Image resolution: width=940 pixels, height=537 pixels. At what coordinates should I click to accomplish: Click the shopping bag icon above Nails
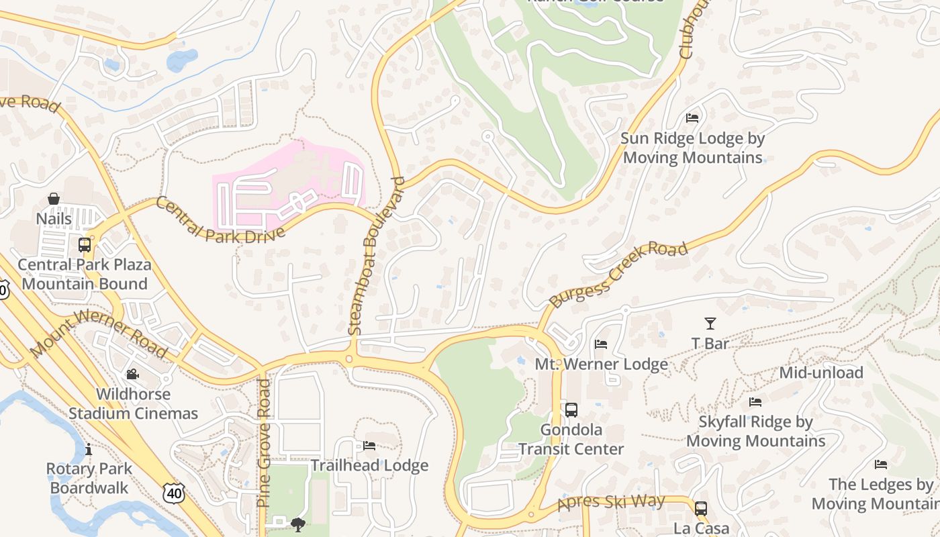coord(54,199)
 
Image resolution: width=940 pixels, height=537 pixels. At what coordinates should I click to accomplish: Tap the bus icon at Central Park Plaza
coord(85,244)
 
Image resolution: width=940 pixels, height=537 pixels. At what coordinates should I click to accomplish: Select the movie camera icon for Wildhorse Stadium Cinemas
coord(133,374)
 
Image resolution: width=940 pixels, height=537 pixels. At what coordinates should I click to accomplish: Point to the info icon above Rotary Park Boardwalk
coord(88,448)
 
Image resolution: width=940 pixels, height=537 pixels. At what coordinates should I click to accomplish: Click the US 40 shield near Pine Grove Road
coord(173,493)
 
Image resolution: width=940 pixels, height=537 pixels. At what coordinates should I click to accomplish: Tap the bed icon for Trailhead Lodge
coord(369,445)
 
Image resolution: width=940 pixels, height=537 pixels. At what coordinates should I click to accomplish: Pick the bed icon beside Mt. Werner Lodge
coord(601,344)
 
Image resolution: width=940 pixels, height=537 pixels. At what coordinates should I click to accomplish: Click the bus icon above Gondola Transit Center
coord(571,409)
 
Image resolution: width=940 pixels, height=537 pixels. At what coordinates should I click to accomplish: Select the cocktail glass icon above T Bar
coord(710,323)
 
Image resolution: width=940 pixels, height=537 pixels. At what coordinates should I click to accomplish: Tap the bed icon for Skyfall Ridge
coord(755,401)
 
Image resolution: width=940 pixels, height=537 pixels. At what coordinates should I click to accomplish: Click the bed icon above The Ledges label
coord(881,464)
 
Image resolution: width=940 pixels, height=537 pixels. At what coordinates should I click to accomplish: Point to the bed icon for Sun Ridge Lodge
coord(692,117)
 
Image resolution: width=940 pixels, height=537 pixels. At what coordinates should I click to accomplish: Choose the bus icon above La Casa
coord(701,508)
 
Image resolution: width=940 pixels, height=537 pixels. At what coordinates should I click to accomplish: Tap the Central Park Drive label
coord(220,220)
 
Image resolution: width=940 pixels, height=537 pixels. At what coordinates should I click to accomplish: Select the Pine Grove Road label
coord(264,443)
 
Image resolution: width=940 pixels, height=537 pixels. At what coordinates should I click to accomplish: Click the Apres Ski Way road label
coord(611,502)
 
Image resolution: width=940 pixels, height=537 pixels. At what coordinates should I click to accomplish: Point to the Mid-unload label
coord(821,373)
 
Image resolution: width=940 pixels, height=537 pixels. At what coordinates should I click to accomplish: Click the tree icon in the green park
coord(298,524)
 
